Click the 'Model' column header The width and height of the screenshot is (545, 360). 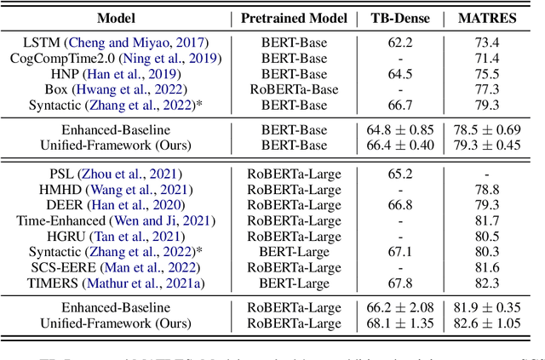pos(121,17)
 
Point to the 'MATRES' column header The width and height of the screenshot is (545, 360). pos(489,17)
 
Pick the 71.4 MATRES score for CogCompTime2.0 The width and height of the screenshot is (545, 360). pos(489,58)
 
